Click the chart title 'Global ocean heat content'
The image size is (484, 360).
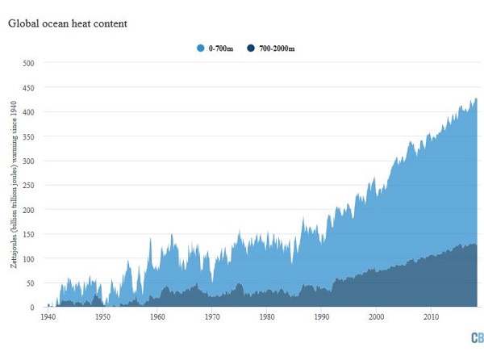(x=68, y=23)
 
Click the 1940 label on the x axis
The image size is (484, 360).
(x=47, y=317)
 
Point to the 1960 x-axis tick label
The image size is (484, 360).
(x=157, y=317)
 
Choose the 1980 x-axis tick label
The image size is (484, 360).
(x=267, y=317)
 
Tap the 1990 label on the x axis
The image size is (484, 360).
(x=322, y=317)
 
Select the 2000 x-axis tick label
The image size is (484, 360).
(x=377, y=317)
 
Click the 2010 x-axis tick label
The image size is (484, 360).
(x=432, y=317)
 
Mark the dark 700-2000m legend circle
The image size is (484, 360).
(x=251, y=48)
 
